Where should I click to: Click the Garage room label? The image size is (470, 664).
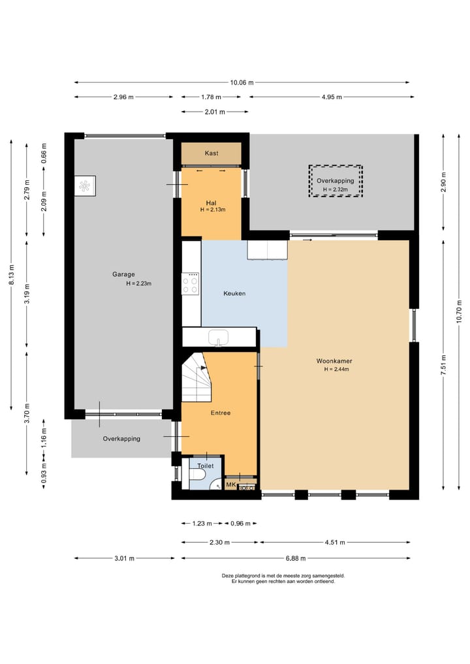[x=123, y=274]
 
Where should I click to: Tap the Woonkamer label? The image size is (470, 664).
[x=334, y=361]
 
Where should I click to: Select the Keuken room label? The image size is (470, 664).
[x=234, y=293]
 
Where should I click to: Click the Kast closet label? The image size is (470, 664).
[x=211, y=153]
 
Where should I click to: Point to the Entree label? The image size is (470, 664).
[x=221, y=413]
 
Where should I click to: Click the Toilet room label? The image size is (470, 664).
[x=206, y=466]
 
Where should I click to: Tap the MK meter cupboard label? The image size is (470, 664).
[x=231, y=484]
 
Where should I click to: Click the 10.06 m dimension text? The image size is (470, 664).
[x=242, y=82]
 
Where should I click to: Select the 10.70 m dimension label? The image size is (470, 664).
[x=460, y=311]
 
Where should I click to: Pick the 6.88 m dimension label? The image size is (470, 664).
[x=296, y=558]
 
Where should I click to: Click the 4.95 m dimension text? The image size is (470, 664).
[x=332, y=97]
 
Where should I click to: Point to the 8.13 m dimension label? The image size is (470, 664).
[x=12, y=274]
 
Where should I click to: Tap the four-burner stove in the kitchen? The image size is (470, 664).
[x=190, y=283]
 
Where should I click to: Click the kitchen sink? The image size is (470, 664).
[x=219, y=338]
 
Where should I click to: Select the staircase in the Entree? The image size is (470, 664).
[x=196, y=377]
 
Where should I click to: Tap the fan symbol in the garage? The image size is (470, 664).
[x=85, y=186]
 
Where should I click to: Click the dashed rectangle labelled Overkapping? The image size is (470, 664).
[x=336, y=181]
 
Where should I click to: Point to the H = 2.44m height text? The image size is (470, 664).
[x=337, y=370]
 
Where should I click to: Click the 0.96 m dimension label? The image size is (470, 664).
[x=240, y=524]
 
